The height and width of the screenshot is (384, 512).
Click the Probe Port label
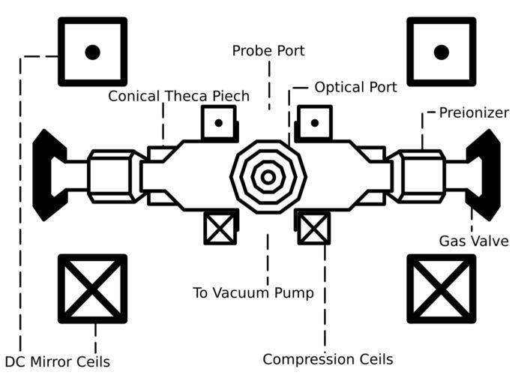[268, 51]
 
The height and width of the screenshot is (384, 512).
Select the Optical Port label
[355, 87]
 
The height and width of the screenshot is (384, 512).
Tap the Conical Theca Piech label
[178, 96]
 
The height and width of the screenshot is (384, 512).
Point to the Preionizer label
[474, 113]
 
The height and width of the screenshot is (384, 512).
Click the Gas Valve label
[474, 241]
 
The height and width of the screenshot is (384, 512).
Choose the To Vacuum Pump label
[253, 292]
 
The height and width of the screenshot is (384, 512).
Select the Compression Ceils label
[328, 359]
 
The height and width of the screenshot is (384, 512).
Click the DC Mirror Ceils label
[58, 362]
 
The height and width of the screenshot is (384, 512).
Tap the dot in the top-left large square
[92, 52]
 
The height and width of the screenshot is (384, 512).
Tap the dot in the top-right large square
[441, 52]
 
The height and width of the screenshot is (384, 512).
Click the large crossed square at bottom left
[92, 289]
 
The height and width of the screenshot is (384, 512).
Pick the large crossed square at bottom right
[441, 289]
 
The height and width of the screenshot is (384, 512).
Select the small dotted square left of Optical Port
[314, 122]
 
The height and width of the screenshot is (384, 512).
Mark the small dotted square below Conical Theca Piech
[219, 122]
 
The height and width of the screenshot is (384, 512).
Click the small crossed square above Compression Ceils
[314, 228]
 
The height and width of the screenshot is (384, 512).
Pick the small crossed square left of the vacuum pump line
[220, 228]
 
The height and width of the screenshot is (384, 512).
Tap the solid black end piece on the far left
[48, 175]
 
